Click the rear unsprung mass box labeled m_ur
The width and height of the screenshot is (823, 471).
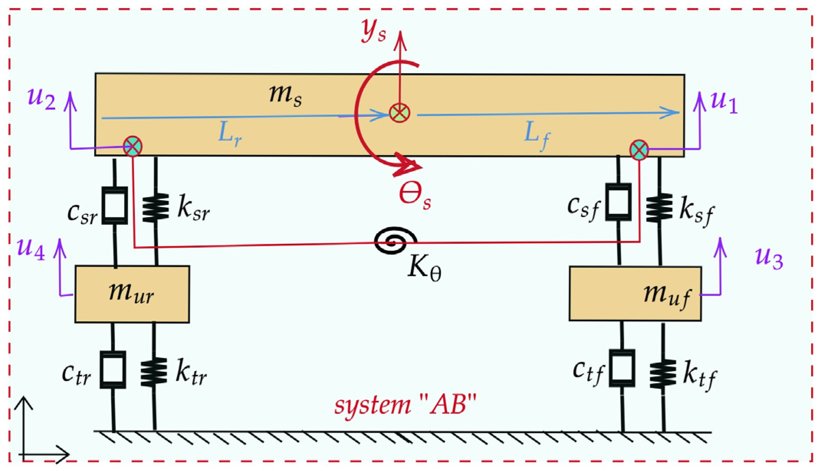pos(132,294)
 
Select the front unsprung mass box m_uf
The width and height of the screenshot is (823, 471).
pos(635,294)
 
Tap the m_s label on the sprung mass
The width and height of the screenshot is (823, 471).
pos(285,95)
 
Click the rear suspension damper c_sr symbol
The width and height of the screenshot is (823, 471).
pos(115,205)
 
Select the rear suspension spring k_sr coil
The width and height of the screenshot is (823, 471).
pos(155,208)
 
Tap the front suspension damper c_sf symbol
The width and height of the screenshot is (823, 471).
pos(618,202)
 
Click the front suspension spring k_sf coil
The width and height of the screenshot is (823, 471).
pos(659,208)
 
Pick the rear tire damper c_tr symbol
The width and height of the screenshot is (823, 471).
pos(113,370)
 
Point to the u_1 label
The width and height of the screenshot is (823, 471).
pos(723,102)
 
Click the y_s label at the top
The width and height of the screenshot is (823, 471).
pos(373,31)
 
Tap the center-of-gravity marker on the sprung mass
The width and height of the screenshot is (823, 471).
pos(399,113)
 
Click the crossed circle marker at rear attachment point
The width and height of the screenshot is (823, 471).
pos(133,146)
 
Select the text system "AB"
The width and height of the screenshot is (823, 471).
pos(405,405)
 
